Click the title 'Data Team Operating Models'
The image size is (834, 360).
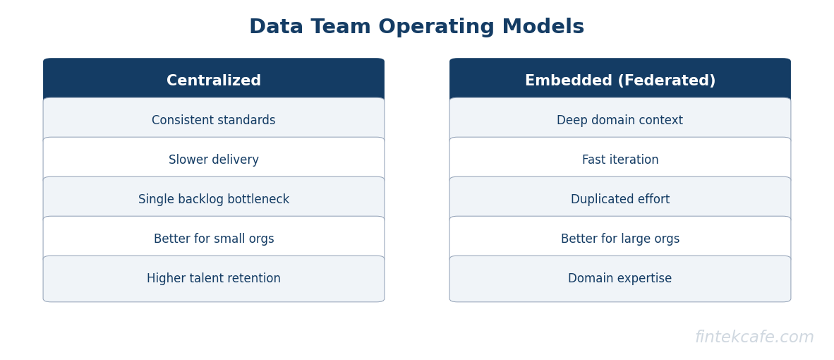416,28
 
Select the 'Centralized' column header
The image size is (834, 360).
214,81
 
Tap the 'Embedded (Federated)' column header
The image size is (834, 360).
620,81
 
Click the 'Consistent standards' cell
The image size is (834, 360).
214,121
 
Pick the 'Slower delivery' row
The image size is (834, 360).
214,160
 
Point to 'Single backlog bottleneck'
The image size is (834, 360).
214,200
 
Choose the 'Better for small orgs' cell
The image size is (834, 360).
214,239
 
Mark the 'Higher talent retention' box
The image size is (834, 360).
214,279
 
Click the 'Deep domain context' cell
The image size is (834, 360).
620,121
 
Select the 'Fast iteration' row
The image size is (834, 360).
620,160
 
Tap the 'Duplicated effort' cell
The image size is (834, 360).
620,200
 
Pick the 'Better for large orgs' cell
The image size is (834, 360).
620,239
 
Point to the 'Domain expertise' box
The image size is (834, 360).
620,279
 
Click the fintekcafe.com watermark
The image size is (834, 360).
754,337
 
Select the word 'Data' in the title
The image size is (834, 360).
276,28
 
